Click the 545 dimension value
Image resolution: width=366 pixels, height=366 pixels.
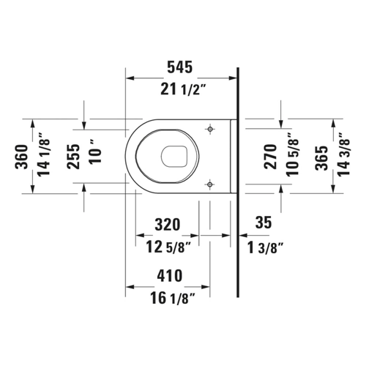pyautogui.click(x=180, y=67)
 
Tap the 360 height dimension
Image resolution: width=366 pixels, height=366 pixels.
pyautogui.click(x=22, y=157)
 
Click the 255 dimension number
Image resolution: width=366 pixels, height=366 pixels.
pyautogui.click(x=73, y=157)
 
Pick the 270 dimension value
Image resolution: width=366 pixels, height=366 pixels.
pyautogui.click(x=271, y=157)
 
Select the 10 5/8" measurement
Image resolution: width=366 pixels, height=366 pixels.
pyautogui.click(x=292, y=154)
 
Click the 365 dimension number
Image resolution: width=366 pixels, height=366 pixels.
pyautogui.click(x=321, y=158)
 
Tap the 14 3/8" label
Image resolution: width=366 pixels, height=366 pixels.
pyautogui.click(x=343, y=154)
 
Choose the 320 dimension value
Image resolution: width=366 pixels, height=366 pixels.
pyautogui.click(x=168, y=225)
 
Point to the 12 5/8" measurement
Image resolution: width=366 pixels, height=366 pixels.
pyautogui.click(x=168, y=247)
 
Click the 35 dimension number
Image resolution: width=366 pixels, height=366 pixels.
pyautogui.click(x=264, y=223)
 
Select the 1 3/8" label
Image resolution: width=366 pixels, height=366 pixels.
pyautogui.click(x=266, y=247)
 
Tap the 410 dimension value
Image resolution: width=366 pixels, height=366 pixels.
pyautogui.click(x=170, y=276)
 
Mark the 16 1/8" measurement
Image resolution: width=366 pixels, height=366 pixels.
pyautogui.click(x=173, y=298)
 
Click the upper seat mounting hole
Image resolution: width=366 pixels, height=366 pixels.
pyautogui.click(x=210, y=129)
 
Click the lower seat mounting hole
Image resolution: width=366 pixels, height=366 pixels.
pyautogui.click(x=210, y=184)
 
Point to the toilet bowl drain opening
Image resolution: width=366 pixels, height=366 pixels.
pyautogui.click(x=174, y=157)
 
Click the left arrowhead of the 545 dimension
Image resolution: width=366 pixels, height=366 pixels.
pyautogui.click(x=130, y=78)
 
